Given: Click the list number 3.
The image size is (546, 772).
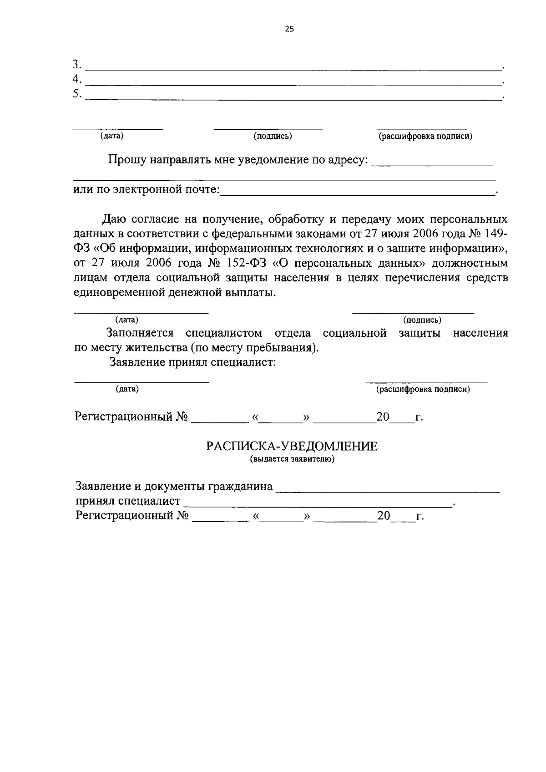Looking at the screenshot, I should point(77,64).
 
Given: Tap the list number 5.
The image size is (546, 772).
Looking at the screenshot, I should point(77,94).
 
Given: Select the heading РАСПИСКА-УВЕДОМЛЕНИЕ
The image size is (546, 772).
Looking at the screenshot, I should point(292,446).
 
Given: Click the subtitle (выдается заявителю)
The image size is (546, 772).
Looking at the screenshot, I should point(292,459).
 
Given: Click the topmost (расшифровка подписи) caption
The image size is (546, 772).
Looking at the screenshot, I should point(425,136).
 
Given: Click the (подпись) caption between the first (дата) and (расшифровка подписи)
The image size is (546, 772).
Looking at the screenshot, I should point(272,136).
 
